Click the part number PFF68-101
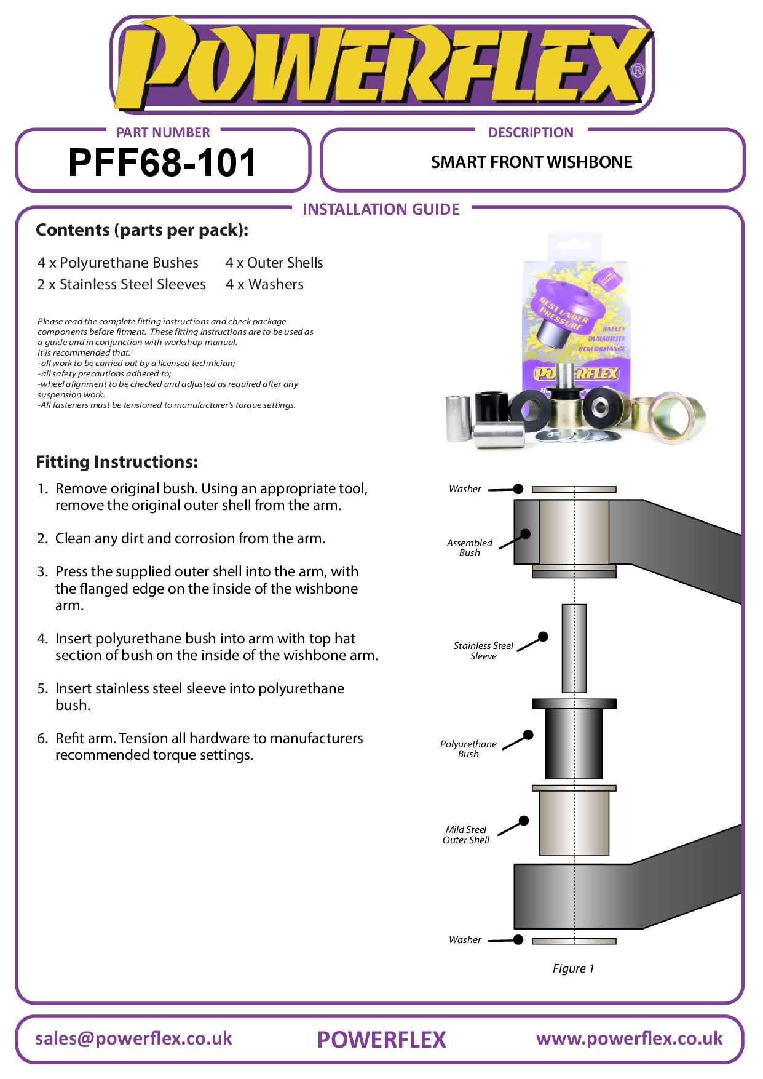(x=162, y=163)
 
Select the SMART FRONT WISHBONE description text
(x=531, y=162)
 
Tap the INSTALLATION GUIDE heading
(x=381, y=210)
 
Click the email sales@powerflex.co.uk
(x=133, y=1038)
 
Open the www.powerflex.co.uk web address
(x=629, y=1038)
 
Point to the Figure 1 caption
(x=573, y=968)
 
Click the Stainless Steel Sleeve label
(x=483, y=651)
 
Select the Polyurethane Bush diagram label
(x=468, y=749)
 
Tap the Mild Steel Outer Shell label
(x=466, y=835)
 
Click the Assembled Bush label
(x=469, y=547)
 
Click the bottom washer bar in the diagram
(x=574, y=941)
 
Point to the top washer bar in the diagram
(x=574, y=490)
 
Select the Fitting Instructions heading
(x=117, y=462)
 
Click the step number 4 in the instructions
(x=42, y=639)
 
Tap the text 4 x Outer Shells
(x=274, y=263)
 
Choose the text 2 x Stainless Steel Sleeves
(x=121, y=284)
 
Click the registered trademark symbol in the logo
(x=638, y=70)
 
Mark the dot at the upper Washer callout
(x=518, y=488)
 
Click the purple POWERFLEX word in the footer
(x=381, y=1040)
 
